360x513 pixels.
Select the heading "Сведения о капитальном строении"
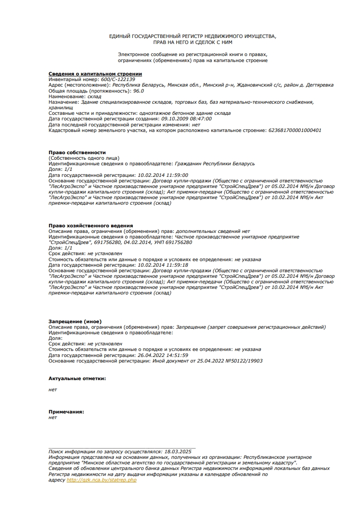tap(95, 74)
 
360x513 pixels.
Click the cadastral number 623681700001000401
tap(295, 130)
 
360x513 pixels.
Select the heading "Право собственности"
tap(77, 152)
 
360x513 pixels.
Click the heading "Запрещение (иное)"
tap(75, 321)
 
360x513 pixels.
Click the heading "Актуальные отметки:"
tap(77, 378)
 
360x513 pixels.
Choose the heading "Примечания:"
tap(66, 412)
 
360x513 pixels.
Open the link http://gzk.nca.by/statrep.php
tap(102, 480)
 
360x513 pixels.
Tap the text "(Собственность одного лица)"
tap(84, 158)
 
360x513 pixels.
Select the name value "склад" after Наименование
tap(94, 96)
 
